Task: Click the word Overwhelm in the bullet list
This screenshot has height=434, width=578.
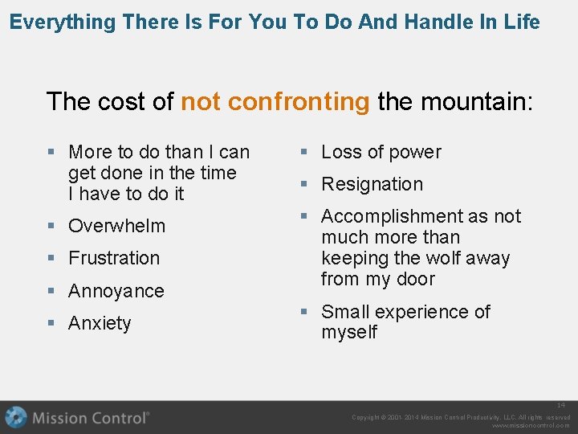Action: tap(116, 226)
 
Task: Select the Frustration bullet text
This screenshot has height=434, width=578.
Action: tap(114, 258)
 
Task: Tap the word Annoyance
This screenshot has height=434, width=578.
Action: tap(116, 291)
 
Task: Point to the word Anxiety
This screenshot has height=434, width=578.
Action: tap(100, 323)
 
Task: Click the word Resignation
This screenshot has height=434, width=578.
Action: tap(372, 184)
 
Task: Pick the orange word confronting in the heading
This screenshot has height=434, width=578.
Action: tap(299, 102)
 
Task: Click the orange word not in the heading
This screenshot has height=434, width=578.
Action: tap(201, 102)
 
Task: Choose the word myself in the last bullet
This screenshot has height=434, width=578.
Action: tap(349, 333)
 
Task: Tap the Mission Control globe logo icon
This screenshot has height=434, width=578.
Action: tap(15, 418)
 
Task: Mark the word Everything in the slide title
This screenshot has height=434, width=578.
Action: tap(63, 22)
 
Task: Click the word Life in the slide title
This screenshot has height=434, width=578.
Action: tap(522, 22)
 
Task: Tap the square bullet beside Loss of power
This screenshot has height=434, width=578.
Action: tap(304, 152)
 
